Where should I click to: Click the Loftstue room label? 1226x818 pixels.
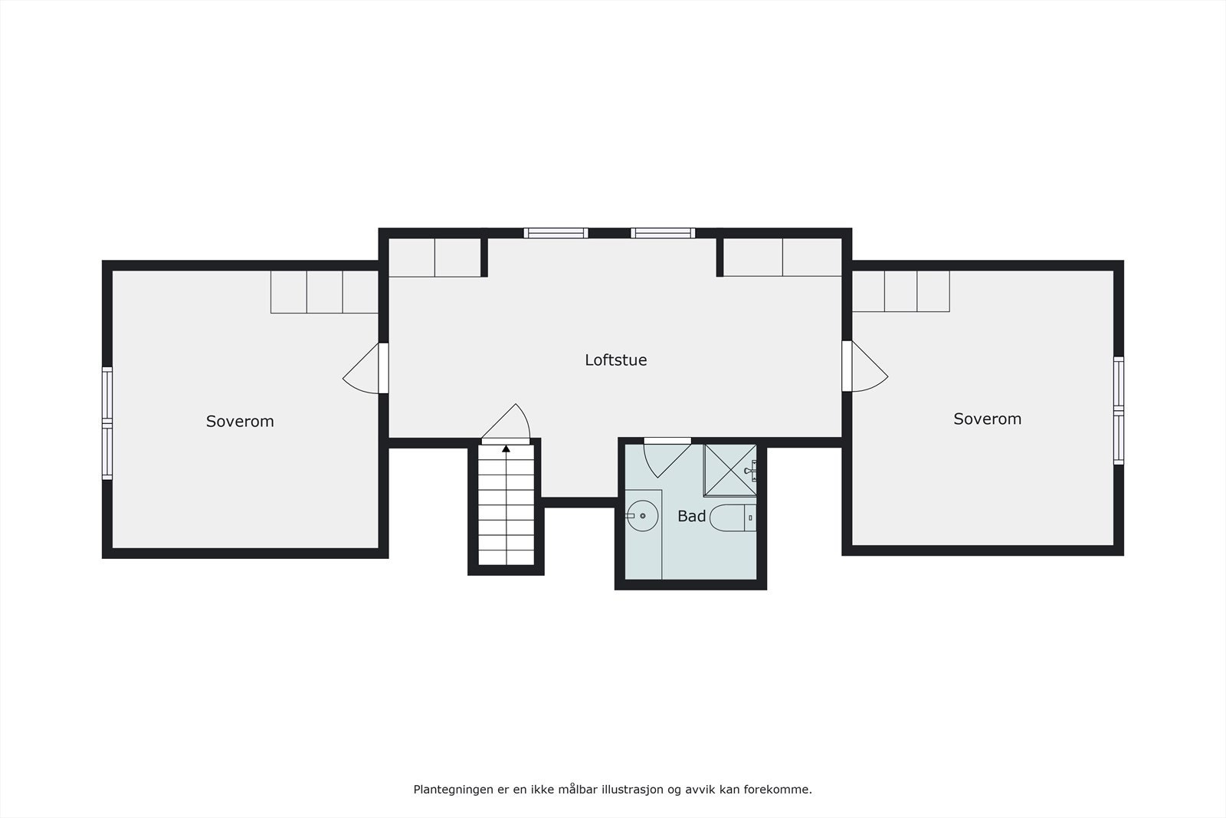coord(615,360)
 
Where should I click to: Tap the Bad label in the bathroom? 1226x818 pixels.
coord(691,516)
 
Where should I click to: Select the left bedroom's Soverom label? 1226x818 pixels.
coord(240,421)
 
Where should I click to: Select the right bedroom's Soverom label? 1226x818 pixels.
coord(987,419)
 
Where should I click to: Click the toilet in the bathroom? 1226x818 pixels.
coord(733,518)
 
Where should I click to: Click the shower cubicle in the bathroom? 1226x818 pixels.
coord(729,469)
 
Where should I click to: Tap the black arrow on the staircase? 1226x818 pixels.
coord(506,448)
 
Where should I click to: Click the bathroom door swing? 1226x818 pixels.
coord(663,458)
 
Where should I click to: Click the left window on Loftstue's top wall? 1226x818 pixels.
coord(556,233)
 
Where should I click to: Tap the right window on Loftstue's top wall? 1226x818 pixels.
coord(663,233)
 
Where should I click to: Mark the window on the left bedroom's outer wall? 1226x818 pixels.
coord(107,423)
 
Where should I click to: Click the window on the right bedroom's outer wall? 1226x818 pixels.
coord(1118,411)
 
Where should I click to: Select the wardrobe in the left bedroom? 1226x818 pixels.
coord(324,291)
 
